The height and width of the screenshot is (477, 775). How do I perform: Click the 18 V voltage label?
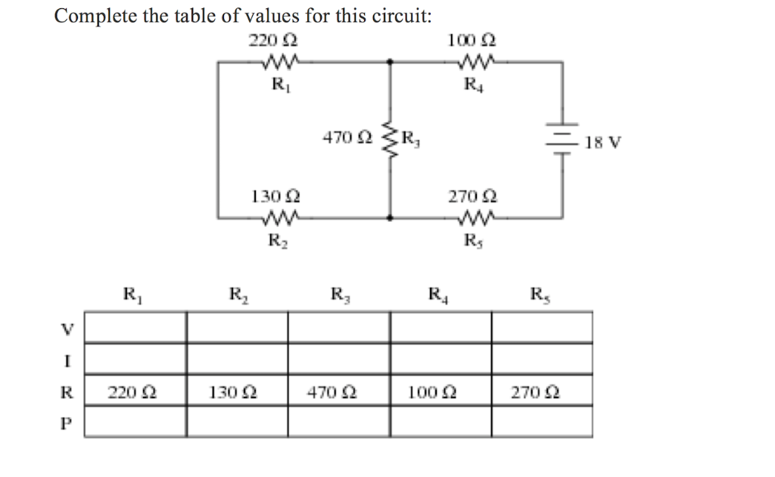(x=603, y=142)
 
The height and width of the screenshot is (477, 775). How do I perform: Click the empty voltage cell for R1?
(x=135, y=327)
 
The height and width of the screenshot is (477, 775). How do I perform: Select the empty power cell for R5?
(x=542, y=422)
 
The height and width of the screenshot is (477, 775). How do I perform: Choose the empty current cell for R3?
(x=338, y=359)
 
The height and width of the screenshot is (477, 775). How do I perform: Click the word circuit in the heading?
(x=399, y=16)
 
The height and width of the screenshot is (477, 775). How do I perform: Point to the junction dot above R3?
(x=391, y=64)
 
